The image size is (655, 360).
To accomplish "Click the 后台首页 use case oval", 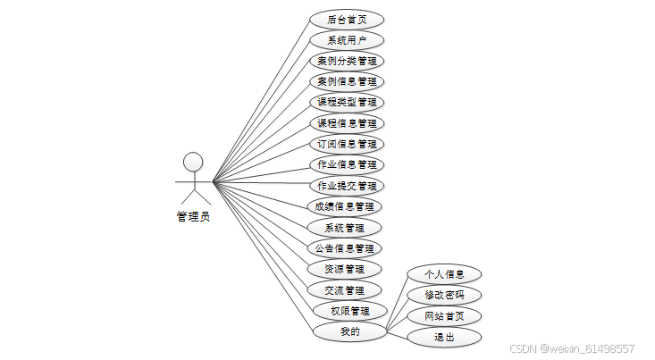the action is pyautogui.click(x=347, y=19).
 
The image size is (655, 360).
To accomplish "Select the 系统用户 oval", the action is pyautogui.click(x=347, y=40).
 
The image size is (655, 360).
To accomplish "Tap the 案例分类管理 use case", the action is pyautogui.click(x=347, y=61).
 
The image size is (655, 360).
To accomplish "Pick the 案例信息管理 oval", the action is pyautogui.click(x=347, y=81).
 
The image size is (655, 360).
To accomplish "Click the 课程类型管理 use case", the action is pyautogui.click(x=347, y=102).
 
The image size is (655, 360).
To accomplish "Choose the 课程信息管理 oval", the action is pyautogui.click(x=347, y=123).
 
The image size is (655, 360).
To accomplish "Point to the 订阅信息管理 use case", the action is pyautogui.click(x=347, y=144).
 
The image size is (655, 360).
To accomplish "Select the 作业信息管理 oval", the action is pyautogui.click(x=347, y=164).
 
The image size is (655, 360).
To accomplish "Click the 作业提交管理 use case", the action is pyautogui.click(x=347, y=186).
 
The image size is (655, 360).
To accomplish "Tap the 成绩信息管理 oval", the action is pyautogui.click(x=347, y=206).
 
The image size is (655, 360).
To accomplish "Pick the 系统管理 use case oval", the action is pyautogui.click(x=347, y=228).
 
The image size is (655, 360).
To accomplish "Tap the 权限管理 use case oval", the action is pyautogui.click(x=349, y=311).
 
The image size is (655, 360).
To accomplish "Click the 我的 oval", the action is pyautogui.click(x=349, y=331).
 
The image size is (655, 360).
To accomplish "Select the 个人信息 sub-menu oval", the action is pyautogui.click(x=444, y=273).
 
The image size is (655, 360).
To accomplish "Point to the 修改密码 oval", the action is pyautogui.click(x=444, y=295).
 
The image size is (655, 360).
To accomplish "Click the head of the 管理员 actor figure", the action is pyautogui.click(x=193, y=161).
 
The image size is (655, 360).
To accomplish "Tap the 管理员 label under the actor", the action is pyautogui.click(x=193, y=216).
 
